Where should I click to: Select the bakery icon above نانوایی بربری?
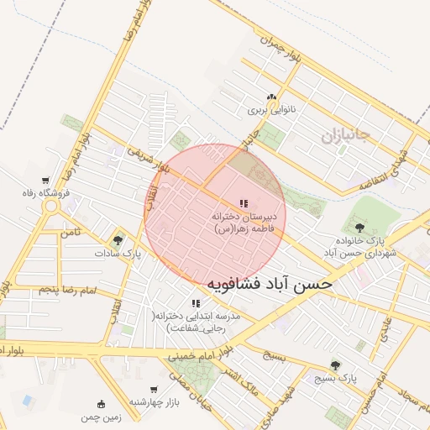click(x=270, y=97)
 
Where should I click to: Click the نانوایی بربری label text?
click(x=267, y=110)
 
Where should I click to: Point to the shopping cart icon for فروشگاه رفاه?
click(x=45, y=181)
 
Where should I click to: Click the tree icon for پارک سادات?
click(x=117, y=240)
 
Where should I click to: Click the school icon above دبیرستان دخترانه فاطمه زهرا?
click(x=244, y=203)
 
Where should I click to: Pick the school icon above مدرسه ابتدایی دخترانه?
click(x=196, y=303)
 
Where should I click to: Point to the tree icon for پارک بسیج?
click(x=336, y=365)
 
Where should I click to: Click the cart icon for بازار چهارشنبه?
click(x=154, y=390)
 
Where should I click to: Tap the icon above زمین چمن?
click(x=102, y=402)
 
